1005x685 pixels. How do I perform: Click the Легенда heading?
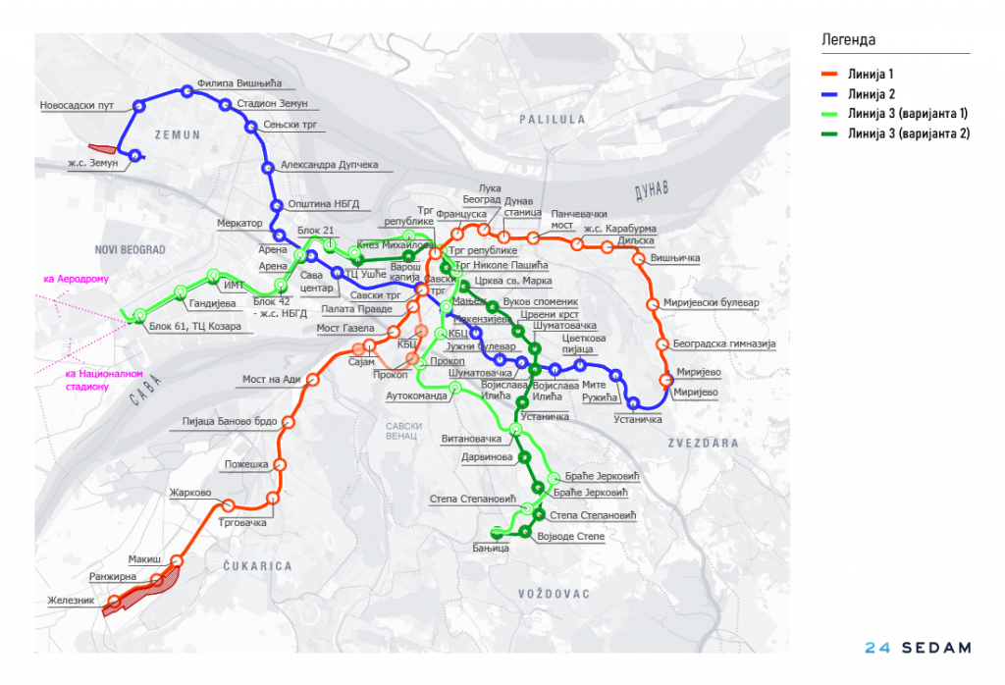tap(848, 40)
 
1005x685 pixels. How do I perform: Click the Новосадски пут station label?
tap(78, 105)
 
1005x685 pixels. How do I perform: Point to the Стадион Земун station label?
tap(272, 104)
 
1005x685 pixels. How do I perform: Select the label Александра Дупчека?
tap(329, 165)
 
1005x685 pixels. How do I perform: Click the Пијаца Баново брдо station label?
tap(232, 422)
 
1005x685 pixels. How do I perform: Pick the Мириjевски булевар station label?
tap(712, 303)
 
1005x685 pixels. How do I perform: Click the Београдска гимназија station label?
tap(725, 344)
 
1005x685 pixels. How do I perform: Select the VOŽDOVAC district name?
tap(555, 594)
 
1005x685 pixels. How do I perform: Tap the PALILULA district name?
tap(553, 119)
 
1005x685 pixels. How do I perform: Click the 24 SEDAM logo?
tap(918, 648)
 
